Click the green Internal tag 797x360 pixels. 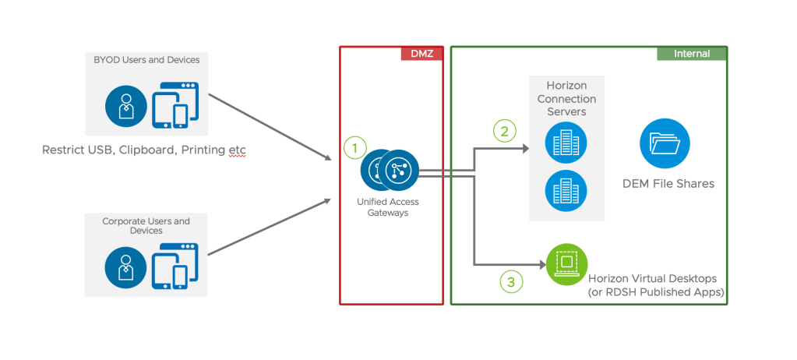click(x=691, y=54)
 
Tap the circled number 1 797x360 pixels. click(x=355, y=147)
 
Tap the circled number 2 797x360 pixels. click(x=505, y=131)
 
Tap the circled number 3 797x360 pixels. click(x=510, y=282)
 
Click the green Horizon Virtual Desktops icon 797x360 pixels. click(x=567, y=264)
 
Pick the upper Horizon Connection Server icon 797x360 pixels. click(x=566, y=143)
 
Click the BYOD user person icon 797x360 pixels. click(x=125, y=107)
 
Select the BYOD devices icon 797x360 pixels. click(x=175, y=104)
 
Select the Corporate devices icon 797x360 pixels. click(x=175, y=266)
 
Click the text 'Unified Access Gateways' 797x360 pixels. click(x=387, y=207)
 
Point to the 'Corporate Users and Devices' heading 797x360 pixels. click(x=146, y=226)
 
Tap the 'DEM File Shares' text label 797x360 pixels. click(x=668, y=184)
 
